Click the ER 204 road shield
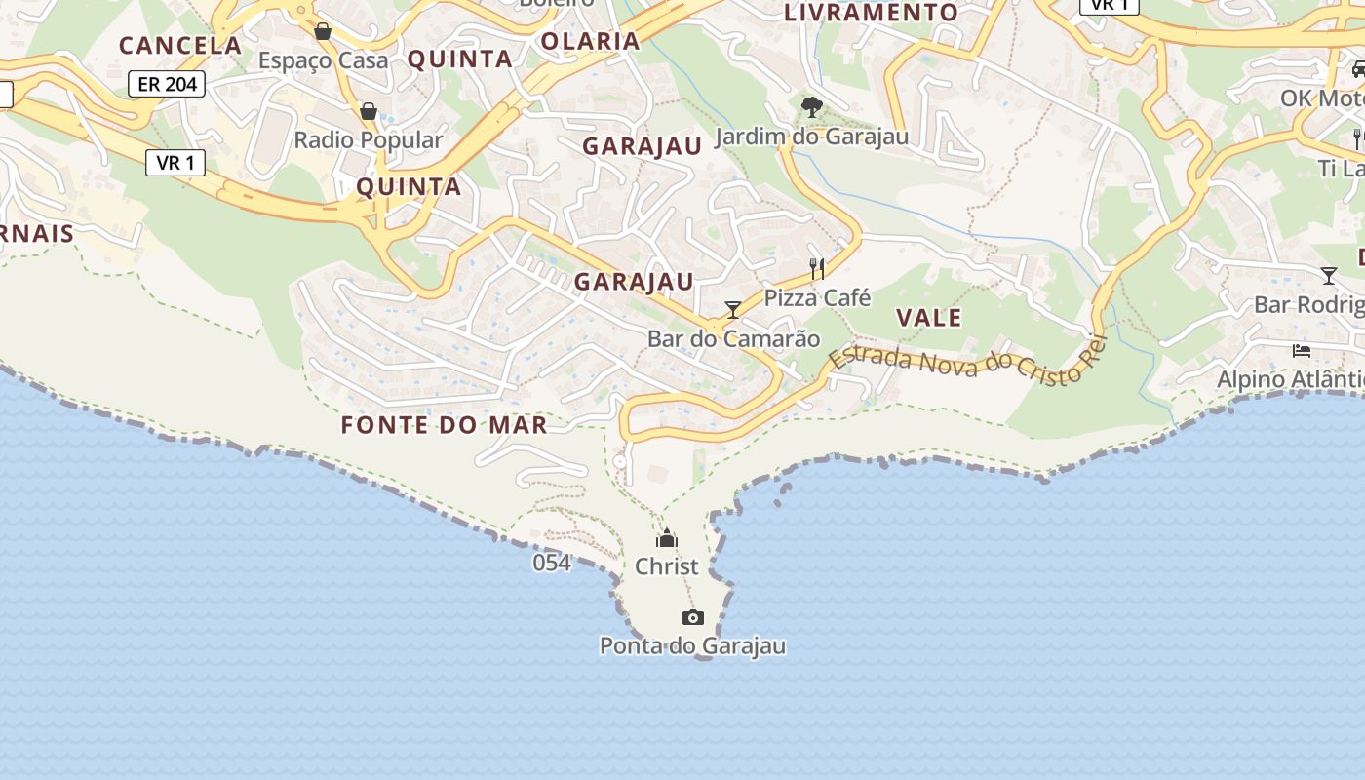(x=168, y=84)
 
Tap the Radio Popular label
(x=369, y=139)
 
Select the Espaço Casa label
(x=323, y=60)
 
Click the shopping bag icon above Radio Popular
(x=369, y=112)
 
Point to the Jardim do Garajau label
(x=812, y=136)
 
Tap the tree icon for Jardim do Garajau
(x=811, y=107)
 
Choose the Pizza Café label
(x=817, y=297)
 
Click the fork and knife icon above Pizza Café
(x=817, y=268)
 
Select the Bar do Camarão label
(x=734, y=338)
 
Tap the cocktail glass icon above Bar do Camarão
(x=732, y=310)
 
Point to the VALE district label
(x=929, y=317)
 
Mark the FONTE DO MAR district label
(x=444, y=425)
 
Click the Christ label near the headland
(x=667, y=566)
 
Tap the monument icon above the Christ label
(x=667, y=538)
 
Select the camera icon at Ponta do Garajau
(x=693, y=617)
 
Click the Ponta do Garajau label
(x=692, y=645)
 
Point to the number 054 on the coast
(x=552, y=563)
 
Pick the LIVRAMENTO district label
(x=872, y=13)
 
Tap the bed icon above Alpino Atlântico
(x=1302, y=351)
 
